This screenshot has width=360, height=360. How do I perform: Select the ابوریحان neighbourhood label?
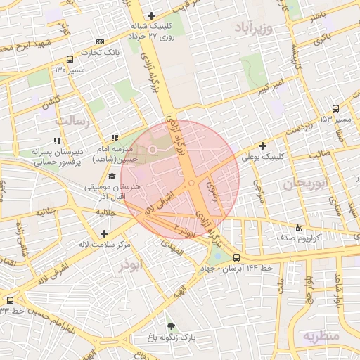tap(306, 184)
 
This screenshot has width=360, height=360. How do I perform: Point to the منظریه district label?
tap(321, 336)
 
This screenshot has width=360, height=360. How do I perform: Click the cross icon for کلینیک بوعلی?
tap(263, 146)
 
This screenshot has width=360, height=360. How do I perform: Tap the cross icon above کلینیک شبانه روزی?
tap(152, 16)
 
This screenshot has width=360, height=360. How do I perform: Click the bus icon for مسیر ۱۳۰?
tap(69, 60)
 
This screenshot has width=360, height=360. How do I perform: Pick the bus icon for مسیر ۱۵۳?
tap(335, 109)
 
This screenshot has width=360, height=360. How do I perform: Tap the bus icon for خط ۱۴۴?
tap(236, 258)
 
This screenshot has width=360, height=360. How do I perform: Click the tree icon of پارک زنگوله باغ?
tap(171, 326)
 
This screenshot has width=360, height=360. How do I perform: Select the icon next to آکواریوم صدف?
tap(300, 228)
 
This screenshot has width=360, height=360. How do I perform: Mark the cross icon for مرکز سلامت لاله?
tap(105, 233)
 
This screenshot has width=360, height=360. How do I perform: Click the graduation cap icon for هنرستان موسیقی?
tap(112, 176)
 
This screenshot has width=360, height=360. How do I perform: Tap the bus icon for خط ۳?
tap(10, 300)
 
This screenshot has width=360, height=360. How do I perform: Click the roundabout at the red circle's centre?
tap(191, 184)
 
